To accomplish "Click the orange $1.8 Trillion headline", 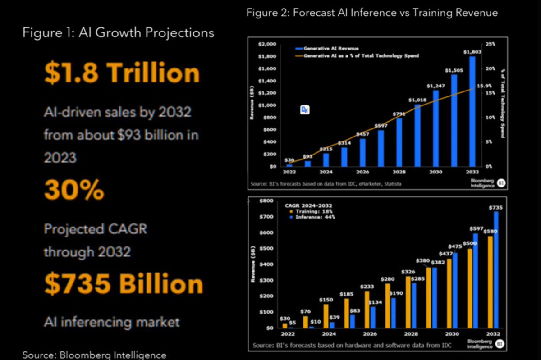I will (122, 73).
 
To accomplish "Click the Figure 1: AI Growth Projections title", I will (118, 33).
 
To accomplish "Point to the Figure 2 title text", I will (372, 13).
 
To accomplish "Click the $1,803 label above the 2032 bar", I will (472, 52).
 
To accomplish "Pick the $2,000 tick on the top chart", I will (267, 44).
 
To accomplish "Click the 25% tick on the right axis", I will (491, 44).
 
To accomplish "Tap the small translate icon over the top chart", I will (305, 110).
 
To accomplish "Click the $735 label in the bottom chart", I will (495, 208).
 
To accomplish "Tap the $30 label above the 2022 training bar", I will (285, 319).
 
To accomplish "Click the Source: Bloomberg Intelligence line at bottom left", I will (94, 355).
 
